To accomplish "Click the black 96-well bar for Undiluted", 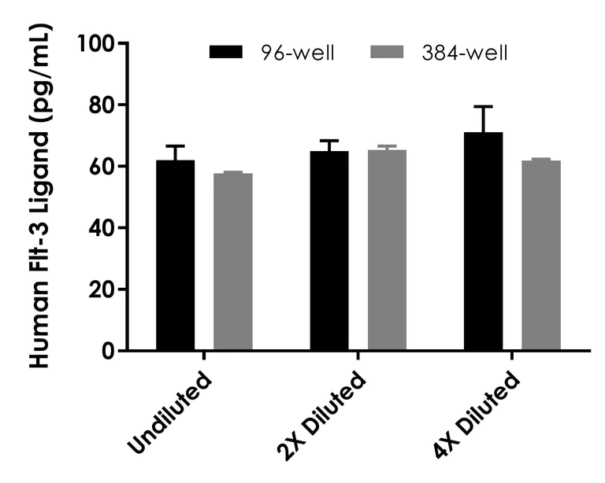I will tap(176, 256).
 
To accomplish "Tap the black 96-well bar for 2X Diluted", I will tap(329, 251).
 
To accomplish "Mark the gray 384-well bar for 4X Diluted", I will tap(541, 256).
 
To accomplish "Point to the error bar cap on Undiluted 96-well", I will tap(176, 146).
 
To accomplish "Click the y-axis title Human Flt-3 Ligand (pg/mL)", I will tap(38, 197).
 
